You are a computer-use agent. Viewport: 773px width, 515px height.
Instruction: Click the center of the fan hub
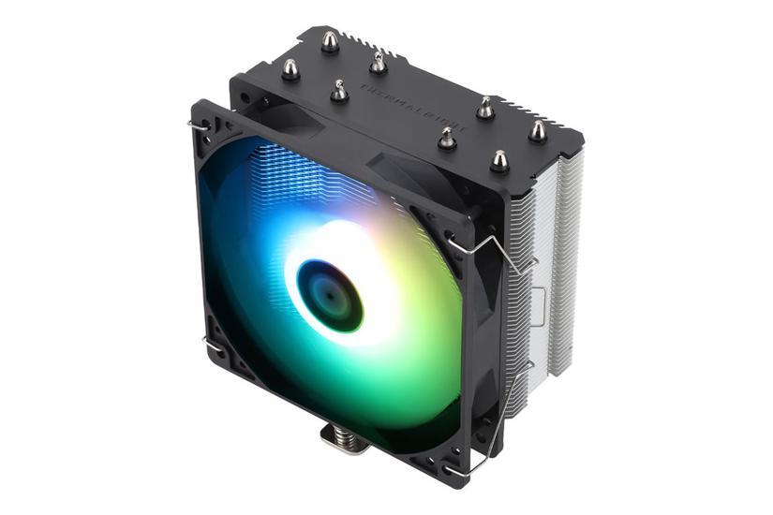[x=328, y=293]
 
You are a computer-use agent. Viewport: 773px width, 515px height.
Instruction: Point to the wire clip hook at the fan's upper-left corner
[x=199, y=124]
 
